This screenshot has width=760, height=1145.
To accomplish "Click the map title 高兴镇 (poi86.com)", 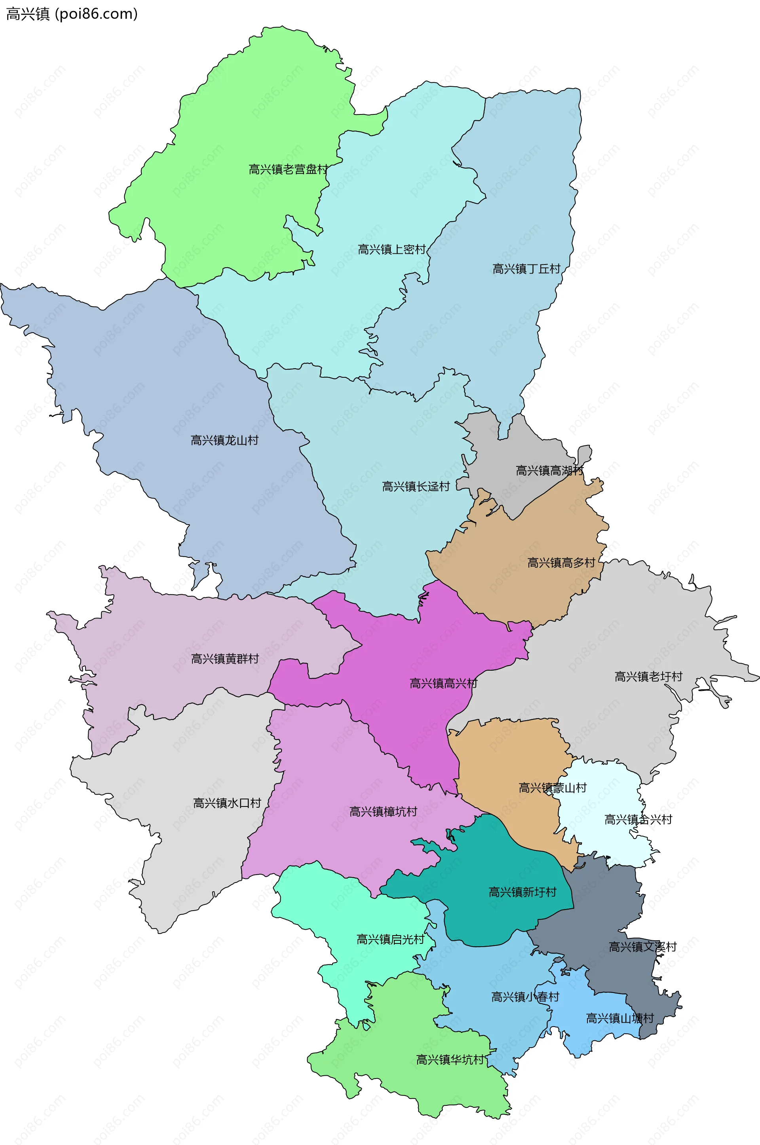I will [72, 14].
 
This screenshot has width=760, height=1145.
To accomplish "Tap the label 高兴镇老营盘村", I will [288, 169].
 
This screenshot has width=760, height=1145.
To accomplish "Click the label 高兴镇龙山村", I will [224, 440].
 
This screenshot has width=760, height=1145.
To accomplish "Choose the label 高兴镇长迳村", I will [416, 486].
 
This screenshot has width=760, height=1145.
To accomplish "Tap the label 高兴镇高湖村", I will [549, 470].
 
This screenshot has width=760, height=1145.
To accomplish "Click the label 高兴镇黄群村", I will [225, 659].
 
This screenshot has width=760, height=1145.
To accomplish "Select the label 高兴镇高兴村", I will [443, 683].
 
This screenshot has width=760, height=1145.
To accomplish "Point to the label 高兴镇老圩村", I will [648, 676].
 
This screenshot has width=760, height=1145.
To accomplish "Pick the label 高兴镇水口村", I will [227, 803].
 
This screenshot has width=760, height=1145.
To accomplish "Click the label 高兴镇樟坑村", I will [384, 812].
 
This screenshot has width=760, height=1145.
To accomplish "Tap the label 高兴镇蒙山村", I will [553, 788].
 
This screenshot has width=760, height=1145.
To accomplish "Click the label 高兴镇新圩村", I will [522, 892].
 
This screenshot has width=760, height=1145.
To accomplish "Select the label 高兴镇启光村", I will [390, 940].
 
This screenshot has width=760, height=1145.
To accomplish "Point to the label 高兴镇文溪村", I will [643, 946].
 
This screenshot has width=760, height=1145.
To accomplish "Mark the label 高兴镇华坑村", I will [450, 1060].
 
